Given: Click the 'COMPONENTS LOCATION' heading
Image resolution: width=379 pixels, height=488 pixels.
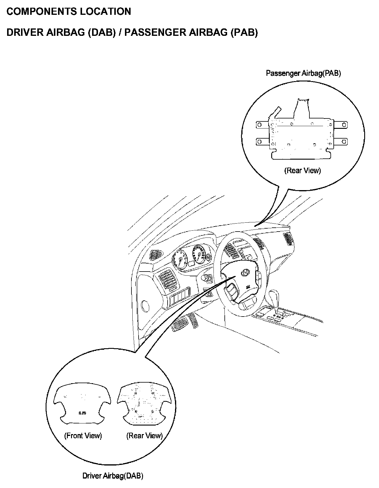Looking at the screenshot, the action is pyautogui.click(x=69, y=12).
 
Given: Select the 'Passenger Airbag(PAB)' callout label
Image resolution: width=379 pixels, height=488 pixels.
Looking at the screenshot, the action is pyautogui.click(x=303, y=73).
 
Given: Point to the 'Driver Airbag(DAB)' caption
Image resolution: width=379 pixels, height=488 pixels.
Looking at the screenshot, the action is pyautogui.click(x=113, y=476).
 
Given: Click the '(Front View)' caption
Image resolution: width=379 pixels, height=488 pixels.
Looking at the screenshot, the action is pyautogui.click(x=83, y=436).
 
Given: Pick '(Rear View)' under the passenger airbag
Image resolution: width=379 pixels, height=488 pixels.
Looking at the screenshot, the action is pyautogui.click(x=302, y=171).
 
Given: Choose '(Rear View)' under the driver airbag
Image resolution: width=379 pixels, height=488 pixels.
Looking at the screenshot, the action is pyautogui.click(x=144, y=436).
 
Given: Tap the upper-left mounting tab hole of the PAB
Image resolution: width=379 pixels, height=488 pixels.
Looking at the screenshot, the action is pyautogui.click(x=259, y=125).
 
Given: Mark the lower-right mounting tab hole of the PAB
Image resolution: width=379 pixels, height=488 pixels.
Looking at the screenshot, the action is pyautogui.click(x=344, y=142).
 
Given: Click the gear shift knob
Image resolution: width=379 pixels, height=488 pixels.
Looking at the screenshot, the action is pyautogui.click(x=274, y=296).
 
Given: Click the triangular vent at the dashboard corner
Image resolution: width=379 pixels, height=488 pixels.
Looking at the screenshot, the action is pyautogui.click(x=156, y=254).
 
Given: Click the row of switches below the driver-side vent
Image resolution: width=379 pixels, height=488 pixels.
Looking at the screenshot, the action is pyautogui.click(x=179, y=296).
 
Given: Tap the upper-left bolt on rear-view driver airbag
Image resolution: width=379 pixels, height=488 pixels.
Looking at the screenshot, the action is pyautogui.click(x=135, y=393).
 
